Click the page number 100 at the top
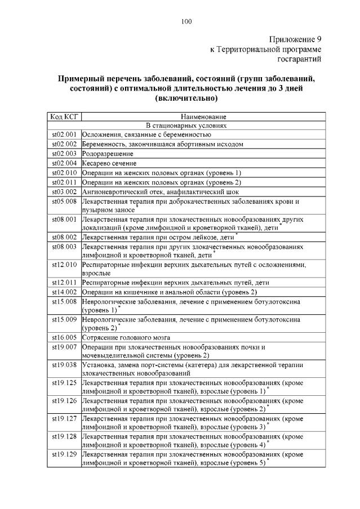click(x=186, y=22)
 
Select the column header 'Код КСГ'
click(x=64, y=117)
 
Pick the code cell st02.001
click(x=64, y=135)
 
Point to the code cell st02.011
click(x=64, y=182)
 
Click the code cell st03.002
click(x=64, y=191)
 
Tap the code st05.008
click(x=64, y=200)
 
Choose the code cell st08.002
click(x=64, y=237)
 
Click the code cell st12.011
click(x=64, y=282)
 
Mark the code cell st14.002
click(x=64, y=291)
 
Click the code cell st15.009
click(x=64, y=319)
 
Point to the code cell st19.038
click(x=64, y=364)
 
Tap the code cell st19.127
click(x=64, y=418)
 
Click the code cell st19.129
click(x=64, y=454)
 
